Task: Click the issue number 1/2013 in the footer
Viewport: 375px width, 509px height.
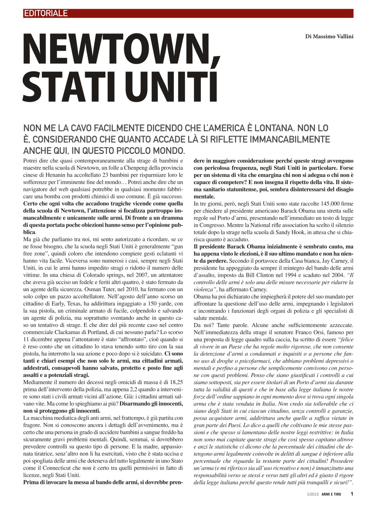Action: coord(309,494)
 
